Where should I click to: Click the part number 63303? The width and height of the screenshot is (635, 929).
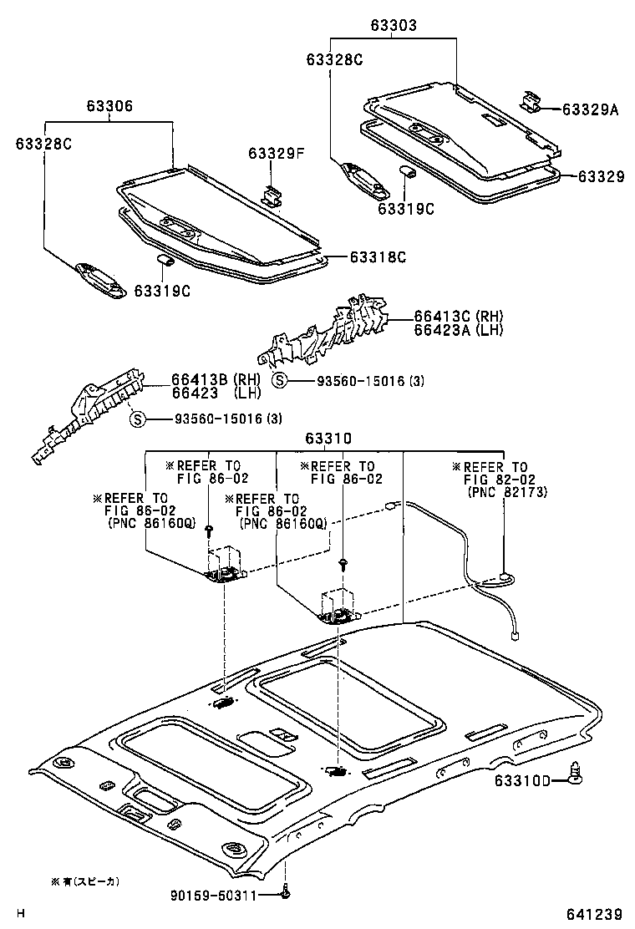[394, 26]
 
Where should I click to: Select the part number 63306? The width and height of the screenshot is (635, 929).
[109, 107]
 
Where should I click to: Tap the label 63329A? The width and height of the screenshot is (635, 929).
[590, 109]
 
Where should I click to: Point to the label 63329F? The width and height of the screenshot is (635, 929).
[276, 154]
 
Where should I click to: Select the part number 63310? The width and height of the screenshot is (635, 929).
[328, 438]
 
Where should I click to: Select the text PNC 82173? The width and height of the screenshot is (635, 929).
[506, 492]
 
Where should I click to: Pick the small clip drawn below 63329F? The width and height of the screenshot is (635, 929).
[272, 195]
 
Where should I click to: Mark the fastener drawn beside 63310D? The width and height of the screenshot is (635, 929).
[575, 777]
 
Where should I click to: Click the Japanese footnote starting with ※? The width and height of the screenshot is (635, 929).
[86, 881]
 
